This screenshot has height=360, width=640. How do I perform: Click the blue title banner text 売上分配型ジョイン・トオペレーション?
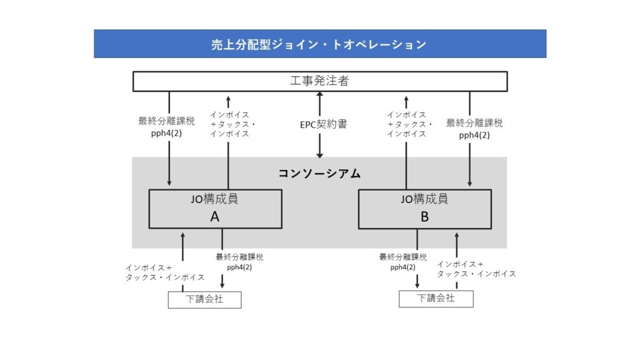pos(319,44)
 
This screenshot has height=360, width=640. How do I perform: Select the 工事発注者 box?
pos(320,81)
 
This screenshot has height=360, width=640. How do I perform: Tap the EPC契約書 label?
pos(323,124)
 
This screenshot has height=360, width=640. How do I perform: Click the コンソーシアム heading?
pos(319,174)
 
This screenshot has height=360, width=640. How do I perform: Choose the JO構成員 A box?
pos(215,209)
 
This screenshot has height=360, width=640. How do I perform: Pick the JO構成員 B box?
pos(424,209)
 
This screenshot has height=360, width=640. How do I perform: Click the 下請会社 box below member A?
pos(204,299)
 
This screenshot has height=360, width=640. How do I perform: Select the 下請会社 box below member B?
pos(436,299)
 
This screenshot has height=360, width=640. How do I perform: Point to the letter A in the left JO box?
pos(215,217)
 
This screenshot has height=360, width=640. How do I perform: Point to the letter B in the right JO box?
pos(424,217)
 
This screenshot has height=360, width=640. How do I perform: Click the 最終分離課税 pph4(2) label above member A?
pos(166,126)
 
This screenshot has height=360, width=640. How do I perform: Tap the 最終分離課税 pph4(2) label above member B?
pos(474,129)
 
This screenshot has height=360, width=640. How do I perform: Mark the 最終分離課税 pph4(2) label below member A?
pos(239,262)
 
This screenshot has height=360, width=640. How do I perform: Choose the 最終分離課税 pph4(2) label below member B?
pos(403,262)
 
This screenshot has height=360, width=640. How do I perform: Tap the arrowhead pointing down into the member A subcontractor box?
pos(222,285)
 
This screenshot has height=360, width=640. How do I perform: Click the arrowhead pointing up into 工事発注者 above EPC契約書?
pos(320,95)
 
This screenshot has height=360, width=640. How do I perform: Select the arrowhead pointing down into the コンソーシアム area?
pos(320,155)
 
